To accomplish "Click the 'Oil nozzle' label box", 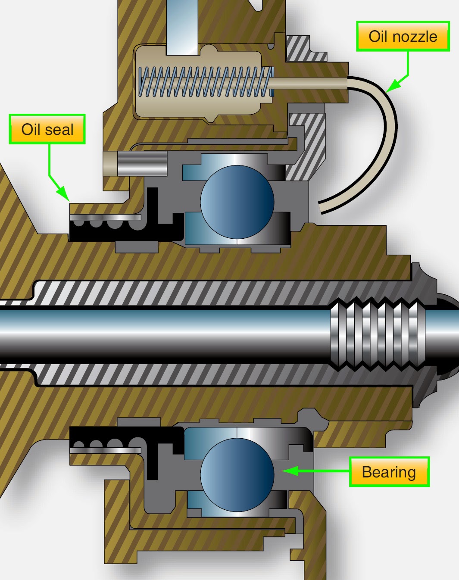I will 403,37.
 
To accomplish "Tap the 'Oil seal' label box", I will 47,129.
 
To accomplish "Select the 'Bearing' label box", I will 389,472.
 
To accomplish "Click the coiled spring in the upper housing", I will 205,82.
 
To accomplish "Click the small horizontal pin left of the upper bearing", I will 136,163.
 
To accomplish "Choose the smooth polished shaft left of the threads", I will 164,334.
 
